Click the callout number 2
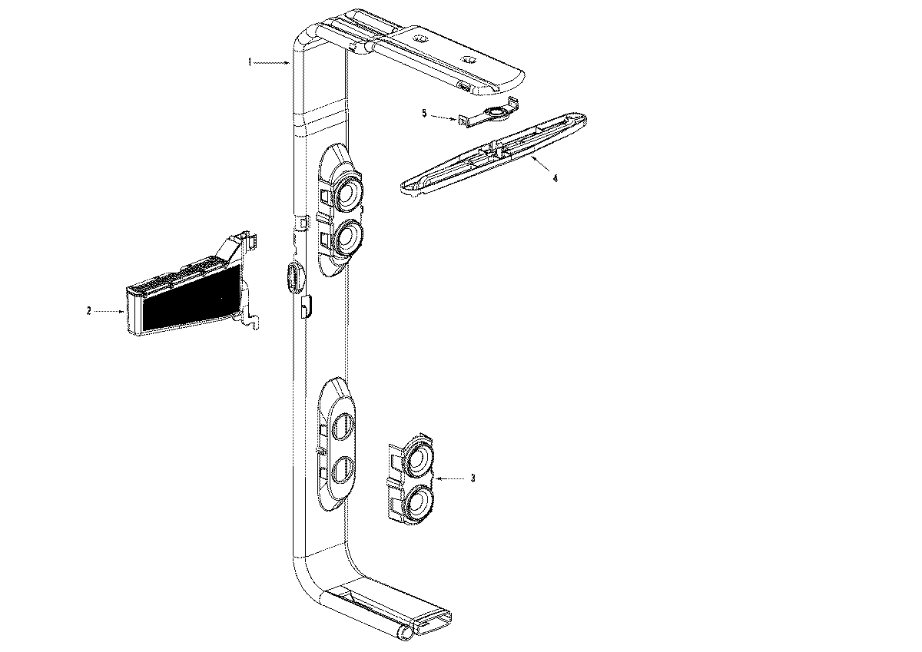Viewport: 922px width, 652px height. click(x=89, y=311)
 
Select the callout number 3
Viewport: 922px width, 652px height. click(x=473, y=478)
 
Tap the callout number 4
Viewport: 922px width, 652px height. click(x=556, y=177)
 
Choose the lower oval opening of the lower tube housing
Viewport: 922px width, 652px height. click(x=342, y=468)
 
